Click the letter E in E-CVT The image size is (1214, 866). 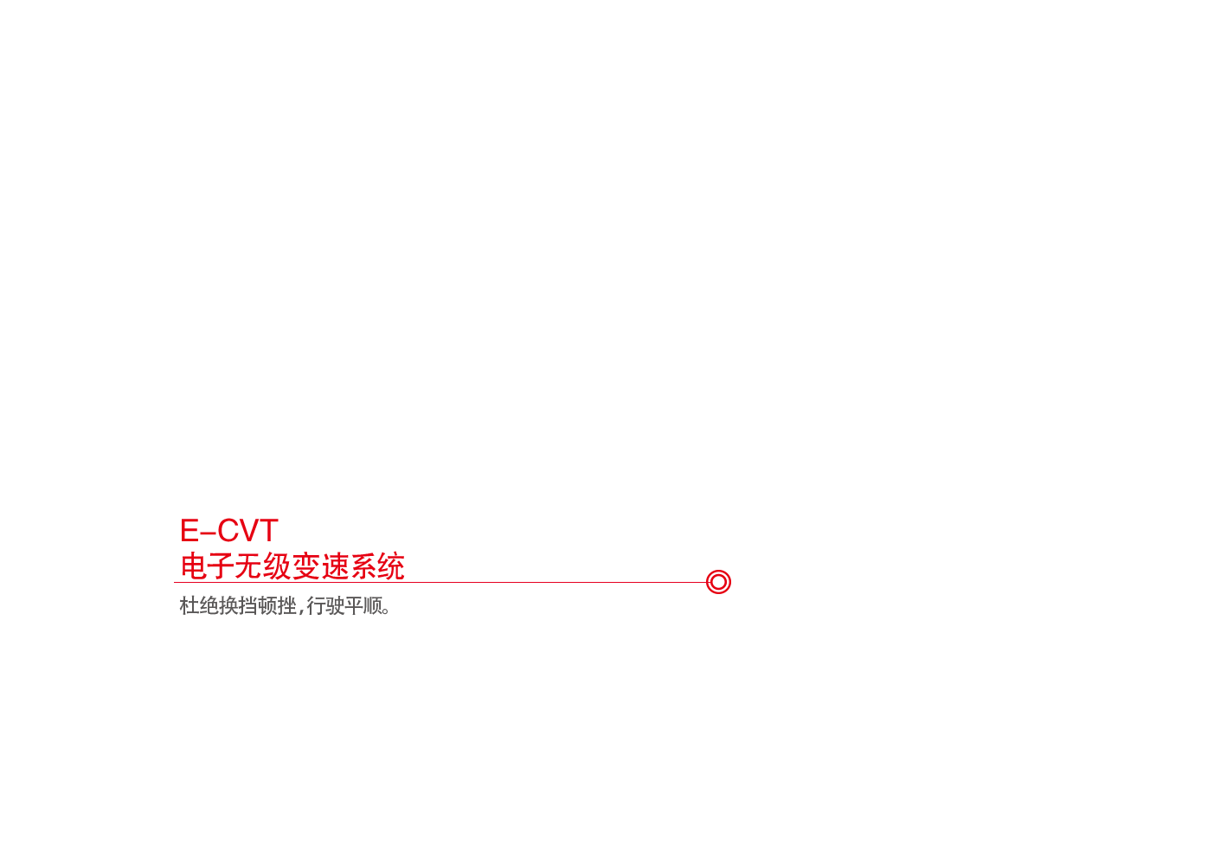189,530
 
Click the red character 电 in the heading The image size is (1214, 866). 194,566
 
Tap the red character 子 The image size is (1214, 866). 220,566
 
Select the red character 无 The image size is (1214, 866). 248,566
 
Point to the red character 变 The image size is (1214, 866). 305,566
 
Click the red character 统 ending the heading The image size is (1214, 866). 391,566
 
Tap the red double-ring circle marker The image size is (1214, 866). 729,582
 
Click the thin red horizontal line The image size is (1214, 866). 440,583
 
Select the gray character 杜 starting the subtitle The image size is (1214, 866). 189,605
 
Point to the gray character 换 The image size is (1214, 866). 228,605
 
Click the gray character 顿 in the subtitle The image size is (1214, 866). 267,605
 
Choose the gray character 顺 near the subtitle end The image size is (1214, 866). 373,605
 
